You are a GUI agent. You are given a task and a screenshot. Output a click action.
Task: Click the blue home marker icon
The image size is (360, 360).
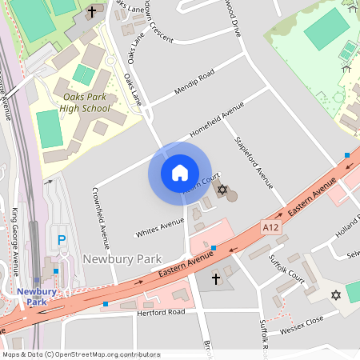(179, 172)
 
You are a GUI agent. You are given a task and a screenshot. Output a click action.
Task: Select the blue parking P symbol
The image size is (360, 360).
(62, 239)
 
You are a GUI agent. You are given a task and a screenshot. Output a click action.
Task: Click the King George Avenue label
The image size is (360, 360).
(15, 231)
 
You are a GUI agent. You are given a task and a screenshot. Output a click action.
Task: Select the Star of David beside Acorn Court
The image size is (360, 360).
(222, 191)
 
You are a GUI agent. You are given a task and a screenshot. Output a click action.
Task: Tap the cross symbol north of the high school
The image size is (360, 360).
(91, 12)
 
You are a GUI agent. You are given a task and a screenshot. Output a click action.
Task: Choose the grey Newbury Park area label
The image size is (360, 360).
(122, 260)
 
